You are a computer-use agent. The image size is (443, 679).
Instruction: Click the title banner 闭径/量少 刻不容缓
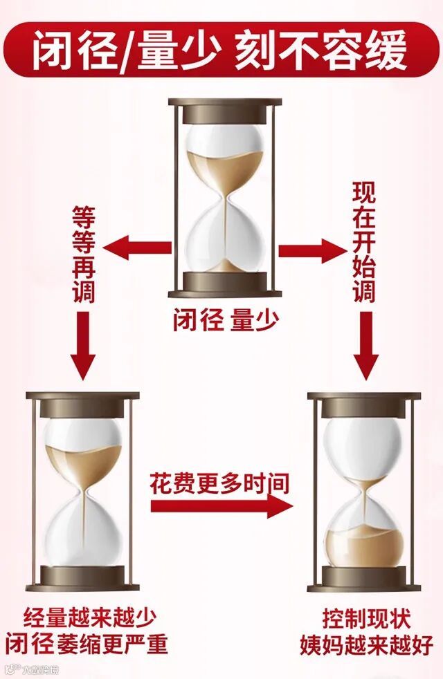(221, 50)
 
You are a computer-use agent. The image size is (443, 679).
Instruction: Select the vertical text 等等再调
(83, 254)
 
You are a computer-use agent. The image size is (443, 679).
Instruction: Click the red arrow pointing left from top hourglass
(138, 248)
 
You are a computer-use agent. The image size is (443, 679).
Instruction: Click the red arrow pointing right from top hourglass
(311, 248)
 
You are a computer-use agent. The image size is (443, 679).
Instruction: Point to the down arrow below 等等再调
(83, 346)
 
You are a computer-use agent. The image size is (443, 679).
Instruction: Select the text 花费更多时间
(219, 483)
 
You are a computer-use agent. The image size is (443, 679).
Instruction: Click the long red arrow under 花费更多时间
(221, 505)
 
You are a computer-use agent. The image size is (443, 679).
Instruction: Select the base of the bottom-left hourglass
(83, 575)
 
